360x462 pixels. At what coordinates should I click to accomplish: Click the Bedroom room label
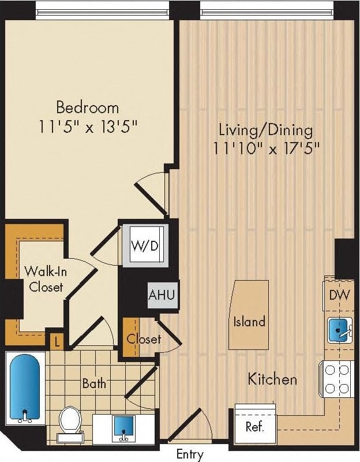click(x=87, y=107)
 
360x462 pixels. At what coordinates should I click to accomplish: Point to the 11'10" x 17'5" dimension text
click(x=265, y=148)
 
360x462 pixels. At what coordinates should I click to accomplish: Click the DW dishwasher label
click(x=340, y=295)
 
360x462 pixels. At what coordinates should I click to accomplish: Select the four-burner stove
click(x=338, y=379)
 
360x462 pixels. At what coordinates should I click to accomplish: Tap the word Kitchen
click(x=272, y=379)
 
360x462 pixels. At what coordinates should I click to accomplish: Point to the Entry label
click(x=190, y=454)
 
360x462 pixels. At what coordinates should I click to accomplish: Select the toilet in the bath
click(x=70, y=422)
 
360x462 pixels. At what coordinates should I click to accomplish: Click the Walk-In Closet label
click(x=43, y=278)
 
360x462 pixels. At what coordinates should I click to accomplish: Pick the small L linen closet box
click(x=56, y=342)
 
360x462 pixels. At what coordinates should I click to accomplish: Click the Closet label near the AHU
click(x=144, y=339)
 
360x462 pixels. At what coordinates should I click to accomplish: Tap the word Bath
click(x=93, y=383)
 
